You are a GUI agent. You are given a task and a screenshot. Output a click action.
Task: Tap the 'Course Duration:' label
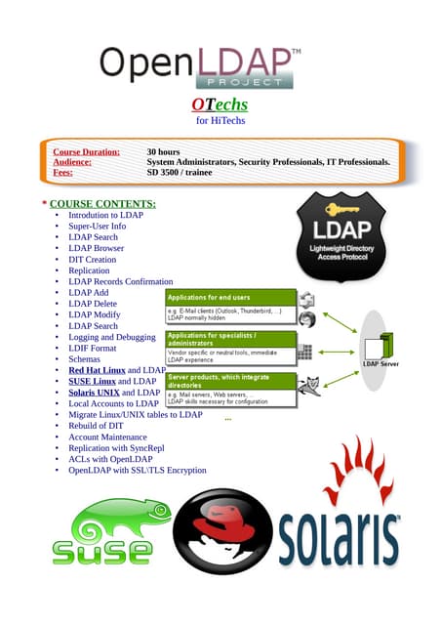pyautogui.click(x=86, y=152)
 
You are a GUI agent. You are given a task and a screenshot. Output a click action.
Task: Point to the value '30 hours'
pyautogui.click(x=165, y=152)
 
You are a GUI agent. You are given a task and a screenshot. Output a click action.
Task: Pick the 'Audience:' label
pyautogui.click(x=72, y=162)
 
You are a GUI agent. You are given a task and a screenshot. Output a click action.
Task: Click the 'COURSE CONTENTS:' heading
pyautogui.click(x=101, y=203)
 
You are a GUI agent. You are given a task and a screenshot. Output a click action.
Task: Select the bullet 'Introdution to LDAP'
pyautogui.click(x=105, y=215)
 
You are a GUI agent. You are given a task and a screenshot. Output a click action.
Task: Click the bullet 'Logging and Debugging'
pyautogui.click(x=112, y=337)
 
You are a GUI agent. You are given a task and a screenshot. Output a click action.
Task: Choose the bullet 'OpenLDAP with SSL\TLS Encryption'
pyautogui.click(x=137, y=470)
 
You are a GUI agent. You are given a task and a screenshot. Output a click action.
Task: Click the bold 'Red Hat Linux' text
pyautogui.click(x=97, y=370)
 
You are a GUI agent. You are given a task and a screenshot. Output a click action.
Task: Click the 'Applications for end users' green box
pyautogui.click(x=229, y=296)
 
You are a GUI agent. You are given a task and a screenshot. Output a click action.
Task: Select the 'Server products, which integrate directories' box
pyautogui.click(x=229, y=380)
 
